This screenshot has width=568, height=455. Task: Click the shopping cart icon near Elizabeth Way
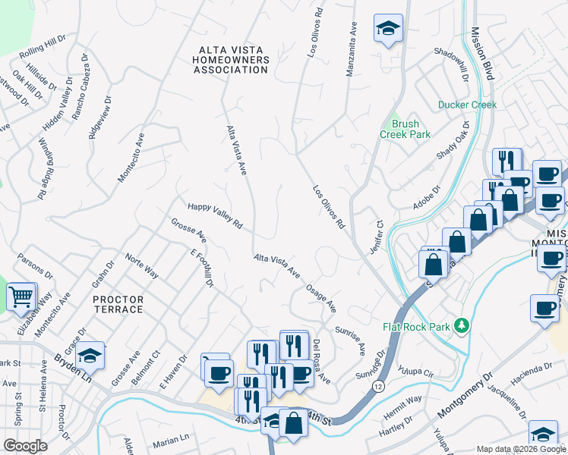(x=22, y=296)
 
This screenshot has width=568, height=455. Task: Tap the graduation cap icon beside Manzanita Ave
(x=388, y=30)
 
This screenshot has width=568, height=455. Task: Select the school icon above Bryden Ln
(x=90, y=354)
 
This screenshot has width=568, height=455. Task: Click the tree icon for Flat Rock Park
(x=459, y=326)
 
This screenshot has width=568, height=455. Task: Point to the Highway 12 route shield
(x=377, y=386)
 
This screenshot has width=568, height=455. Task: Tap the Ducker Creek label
(x=467, y=105)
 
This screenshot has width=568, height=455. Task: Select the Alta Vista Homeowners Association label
(x=232, y=60)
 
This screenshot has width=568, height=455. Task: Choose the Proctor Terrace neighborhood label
(x=118, y=304)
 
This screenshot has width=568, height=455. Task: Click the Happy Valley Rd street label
(x=215, y=215)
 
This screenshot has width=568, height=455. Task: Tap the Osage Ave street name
(x=320, y=298)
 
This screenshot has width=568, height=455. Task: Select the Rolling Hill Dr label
(x=43, y=50)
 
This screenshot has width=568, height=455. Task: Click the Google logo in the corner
(x=25, y=445)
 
